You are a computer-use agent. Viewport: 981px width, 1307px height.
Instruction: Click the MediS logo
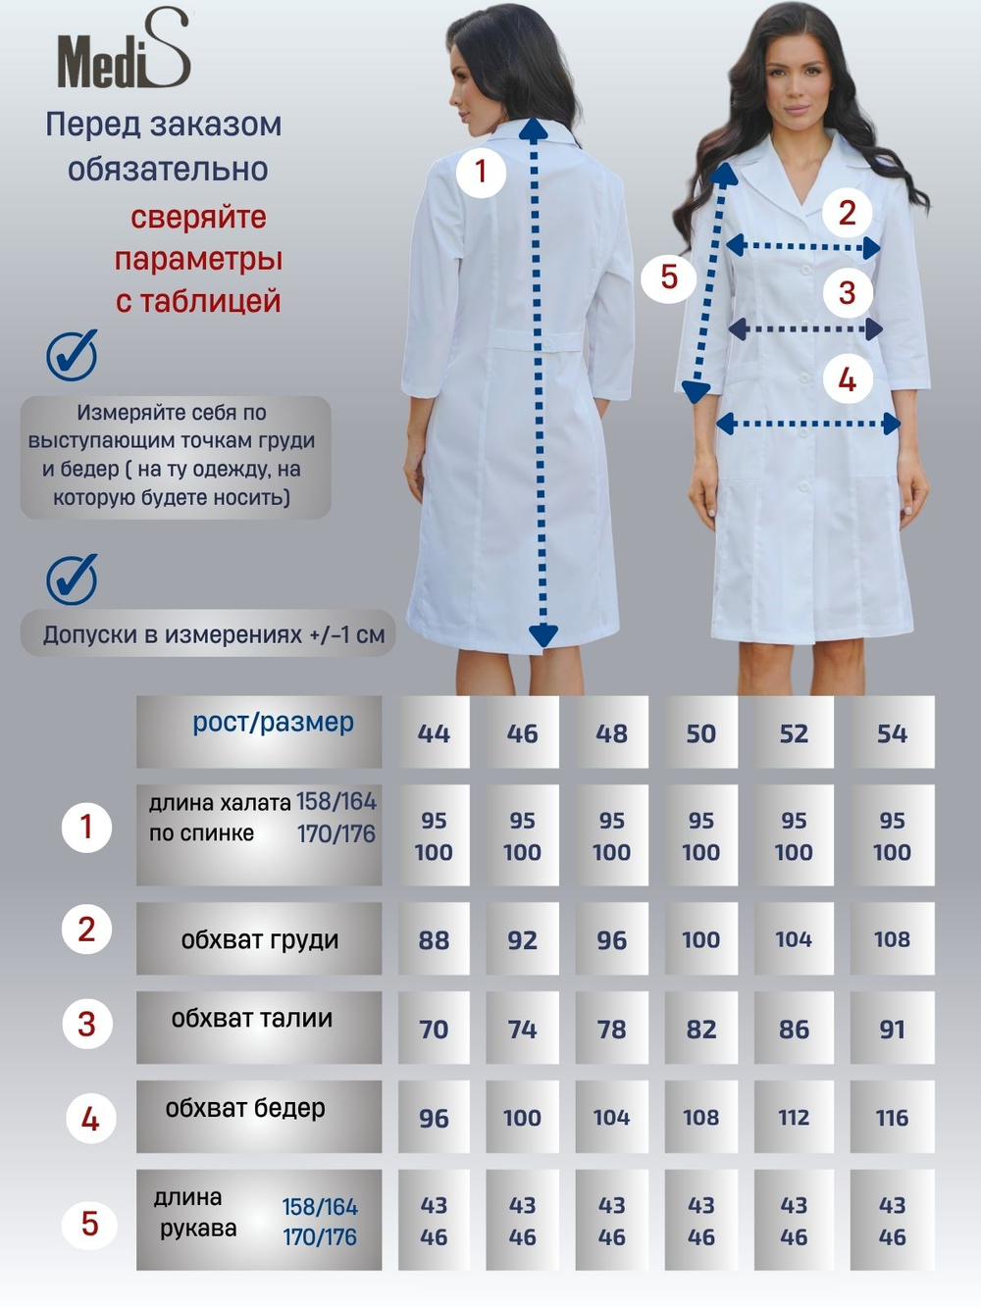pyautogui.click(x=124, y=50)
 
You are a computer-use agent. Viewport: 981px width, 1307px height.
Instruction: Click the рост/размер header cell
pyautogui.click(x=259, y=731)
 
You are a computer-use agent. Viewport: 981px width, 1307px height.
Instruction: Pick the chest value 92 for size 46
pyautogui.click(x=522, y=940)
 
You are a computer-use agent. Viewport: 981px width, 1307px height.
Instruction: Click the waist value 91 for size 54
pyautogui.click(x=892, y=1029)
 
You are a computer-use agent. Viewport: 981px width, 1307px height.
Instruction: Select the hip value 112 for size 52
pyautogui.click(x=794, y=1118)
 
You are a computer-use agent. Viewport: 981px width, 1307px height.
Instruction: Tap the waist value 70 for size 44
pyautogui.click(x=434, y=1029)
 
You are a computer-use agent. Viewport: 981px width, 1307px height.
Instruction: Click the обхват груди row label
pyautogui.click(x=259, y=939)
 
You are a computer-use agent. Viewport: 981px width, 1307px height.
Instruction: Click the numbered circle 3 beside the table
pyautogui.click(x=87, y=1024)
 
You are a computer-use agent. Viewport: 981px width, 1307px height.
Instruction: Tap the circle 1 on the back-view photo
pyautogui.click(x=482, y=173)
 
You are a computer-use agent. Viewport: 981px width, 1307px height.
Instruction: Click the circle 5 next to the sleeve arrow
pyautogui.click(x=669, y=277)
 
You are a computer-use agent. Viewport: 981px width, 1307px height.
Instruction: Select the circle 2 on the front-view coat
pyautogui.click(x=847, y=213)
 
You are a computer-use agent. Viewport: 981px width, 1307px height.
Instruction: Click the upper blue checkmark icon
pyautogui.click(x=72, y=356)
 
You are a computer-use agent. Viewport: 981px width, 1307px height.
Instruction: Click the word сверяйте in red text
pyautogui.click(x=198, y=217)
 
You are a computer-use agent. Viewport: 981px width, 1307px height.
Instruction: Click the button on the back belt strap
pyautogui.click(x=547, y=342)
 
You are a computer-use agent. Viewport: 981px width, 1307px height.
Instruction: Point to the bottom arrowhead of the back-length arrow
pyautogui.click(x=543, y=635)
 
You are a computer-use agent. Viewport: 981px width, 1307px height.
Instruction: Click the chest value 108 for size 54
pyautogui.click(x=892, y=939)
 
